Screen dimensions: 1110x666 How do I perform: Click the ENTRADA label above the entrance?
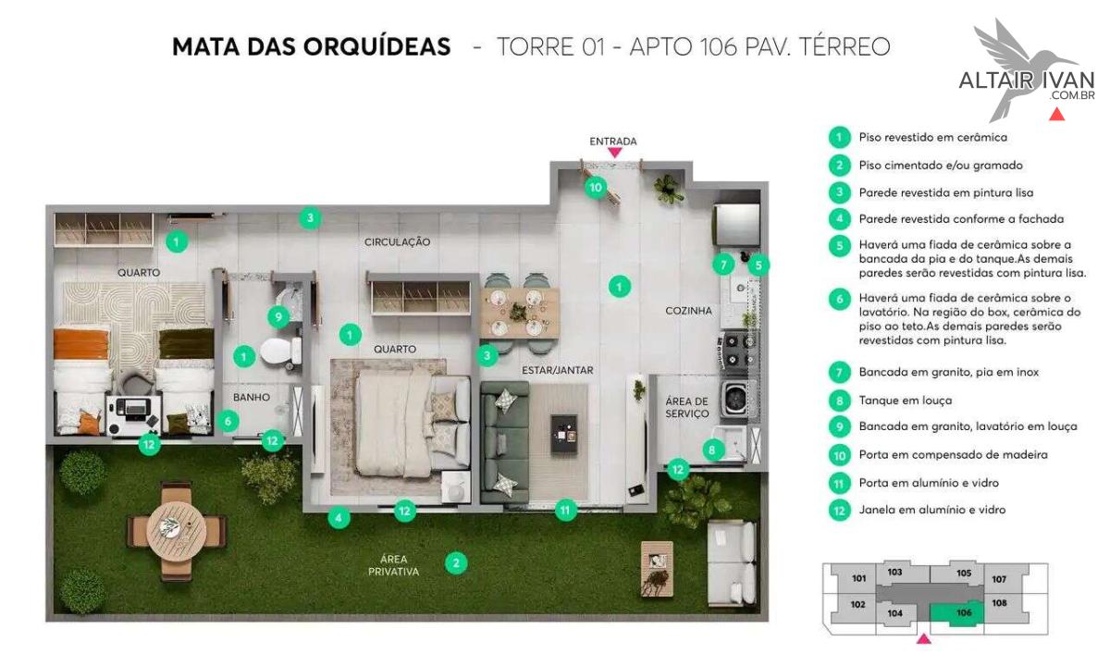(x=613, y=142)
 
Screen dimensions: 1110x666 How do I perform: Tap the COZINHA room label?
(x=688, y=311)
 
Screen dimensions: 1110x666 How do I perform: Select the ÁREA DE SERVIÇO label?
(x=686, y=407)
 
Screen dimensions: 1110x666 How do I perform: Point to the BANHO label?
(x=252, y=397)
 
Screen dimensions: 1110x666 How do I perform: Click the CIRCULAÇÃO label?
(x=397, y=241)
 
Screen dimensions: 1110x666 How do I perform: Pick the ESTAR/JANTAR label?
(x=558, y=370)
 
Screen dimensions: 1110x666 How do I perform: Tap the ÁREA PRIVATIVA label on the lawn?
(x=393, y=565)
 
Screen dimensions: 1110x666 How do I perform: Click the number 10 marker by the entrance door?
(x=596, y=187)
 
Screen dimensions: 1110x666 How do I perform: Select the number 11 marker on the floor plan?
(x=565, y=510)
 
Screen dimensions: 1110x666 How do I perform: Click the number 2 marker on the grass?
(x=456, y=563)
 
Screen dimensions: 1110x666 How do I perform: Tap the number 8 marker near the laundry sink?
(x=712, y=450)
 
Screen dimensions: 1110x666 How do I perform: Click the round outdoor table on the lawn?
(x=177, y=531)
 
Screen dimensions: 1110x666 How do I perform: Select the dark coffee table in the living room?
(x=564, y=434)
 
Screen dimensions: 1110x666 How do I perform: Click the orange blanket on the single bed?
(x=81, y=343)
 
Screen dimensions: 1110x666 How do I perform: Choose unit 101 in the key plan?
(x=858, y=578)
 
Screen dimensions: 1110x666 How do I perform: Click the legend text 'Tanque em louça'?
(x=906, y=401)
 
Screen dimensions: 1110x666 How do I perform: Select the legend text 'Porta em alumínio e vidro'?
(x=929, y=483)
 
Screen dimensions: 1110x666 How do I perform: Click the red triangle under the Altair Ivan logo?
(x=1056, y=116)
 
